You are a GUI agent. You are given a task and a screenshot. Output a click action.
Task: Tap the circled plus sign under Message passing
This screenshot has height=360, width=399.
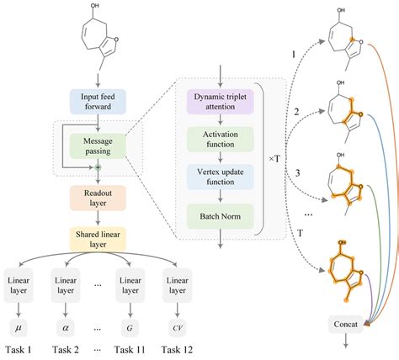(x=98, y=168)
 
